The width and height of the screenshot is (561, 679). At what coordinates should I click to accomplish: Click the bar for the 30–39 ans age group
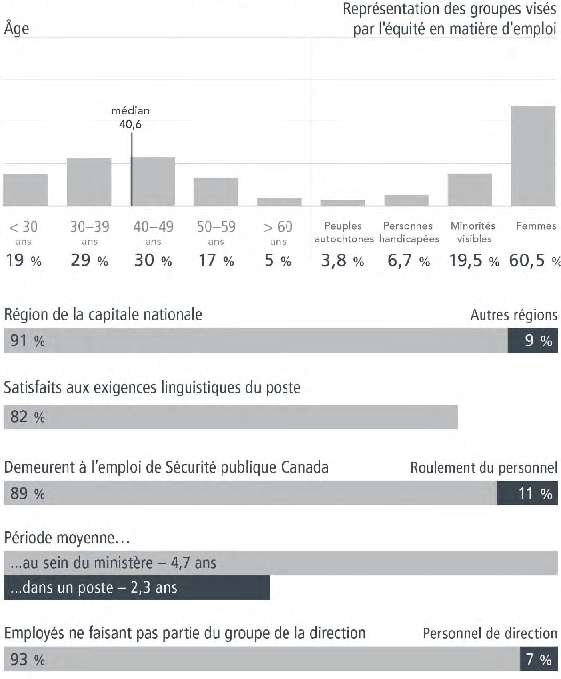(x=89, y=182)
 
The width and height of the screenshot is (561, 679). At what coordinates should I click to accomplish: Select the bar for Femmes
(x=533, y=156)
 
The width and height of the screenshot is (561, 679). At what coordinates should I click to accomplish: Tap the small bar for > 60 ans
(x=279, y=202)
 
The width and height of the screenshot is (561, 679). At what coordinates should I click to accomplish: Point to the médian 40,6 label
(x=130, y=117)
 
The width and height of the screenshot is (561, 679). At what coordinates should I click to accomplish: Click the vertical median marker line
(x=132, y=168)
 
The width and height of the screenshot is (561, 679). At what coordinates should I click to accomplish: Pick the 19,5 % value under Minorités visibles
(x=474, y=261)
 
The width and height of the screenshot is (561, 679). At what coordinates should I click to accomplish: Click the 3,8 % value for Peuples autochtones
(x=342, y=261)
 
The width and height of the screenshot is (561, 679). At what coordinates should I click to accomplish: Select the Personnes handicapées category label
(x=409, y=232)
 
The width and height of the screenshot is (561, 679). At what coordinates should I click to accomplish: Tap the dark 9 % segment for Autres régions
(x=532, y=341)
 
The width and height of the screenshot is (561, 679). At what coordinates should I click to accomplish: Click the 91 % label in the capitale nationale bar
(x=27, y=341)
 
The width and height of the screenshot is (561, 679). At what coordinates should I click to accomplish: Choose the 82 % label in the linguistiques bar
(x=27, y=417)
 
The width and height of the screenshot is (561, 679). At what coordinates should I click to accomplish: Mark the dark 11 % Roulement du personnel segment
(x=527, y=493)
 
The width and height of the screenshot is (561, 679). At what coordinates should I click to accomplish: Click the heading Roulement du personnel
(x=483, y=467)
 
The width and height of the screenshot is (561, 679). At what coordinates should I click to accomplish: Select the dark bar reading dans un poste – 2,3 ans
(x=136, y=587)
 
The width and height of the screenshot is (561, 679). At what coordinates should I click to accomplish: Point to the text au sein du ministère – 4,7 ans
(x=113, y=563)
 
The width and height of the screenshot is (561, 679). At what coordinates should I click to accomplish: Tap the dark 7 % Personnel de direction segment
(x=539, y=659)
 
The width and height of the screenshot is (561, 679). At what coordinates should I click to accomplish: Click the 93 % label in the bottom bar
(x=27, y=659)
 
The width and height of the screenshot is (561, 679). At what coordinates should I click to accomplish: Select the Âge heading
(x=16, y=28)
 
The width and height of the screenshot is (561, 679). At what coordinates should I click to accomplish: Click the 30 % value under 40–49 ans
(x=153, y=261)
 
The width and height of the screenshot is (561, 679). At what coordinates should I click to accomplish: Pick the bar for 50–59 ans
(x=216, y=192)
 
